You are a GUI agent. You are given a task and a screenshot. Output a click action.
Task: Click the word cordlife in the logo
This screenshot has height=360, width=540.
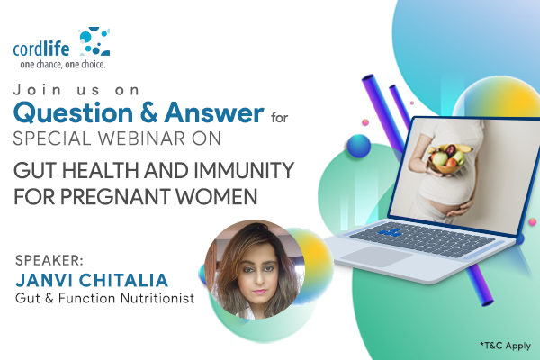[41, 49]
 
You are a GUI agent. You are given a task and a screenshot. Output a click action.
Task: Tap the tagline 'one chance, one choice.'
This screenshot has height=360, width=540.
[63, 65]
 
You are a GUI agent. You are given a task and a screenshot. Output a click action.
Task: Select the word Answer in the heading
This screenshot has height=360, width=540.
[214, 112]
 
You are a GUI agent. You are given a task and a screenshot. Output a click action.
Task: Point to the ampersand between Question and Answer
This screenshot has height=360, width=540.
[148, 113]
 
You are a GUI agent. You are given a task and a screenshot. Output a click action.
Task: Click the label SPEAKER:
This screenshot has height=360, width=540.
[49, 260]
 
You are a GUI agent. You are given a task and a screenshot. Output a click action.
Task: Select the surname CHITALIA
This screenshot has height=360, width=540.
[123, 280]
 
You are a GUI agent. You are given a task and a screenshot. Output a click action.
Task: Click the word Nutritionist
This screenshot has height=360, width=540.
[157, 298]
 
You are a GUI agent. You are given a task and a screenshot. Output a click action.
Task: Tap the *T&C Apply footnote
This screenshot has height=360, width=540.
[505, 346]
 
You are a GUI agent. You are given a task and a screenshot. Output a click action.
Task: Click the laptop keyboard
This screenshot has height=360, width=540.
[422, 238]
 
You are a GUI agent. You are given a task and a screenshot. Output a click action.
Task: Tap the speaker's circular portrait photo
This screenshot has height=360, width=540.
[255, 270]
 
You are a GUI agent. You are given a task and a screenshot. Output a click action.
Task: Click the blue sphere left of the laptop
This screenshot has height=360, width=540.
[358, 146]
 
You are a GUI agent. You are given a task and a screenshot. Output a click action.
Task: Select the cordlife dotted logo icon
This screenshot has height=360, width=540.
[94, 41]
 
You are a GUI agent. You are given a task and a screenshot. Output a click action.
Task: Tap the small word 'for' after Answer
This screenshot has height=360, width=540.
[279, 118]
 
